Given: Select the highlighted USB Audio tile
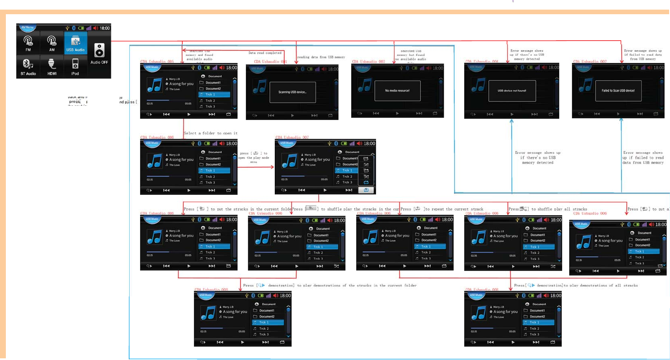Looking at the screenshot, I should [x=76, y=43].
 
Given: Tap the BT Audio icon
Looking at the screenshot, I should [x=28, y=66].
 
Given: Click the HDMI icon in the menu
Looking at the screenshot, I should [x=52, y=66].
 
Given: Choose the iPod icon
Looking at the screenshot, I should [x=75, y=66].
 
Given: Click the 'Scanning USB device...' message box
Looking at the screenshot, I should [x=292, y=92].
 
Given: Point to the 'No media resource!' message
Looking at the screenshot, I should [x=397, y=90].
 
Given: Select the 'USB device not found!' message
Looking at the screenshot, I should [x=512, y=91].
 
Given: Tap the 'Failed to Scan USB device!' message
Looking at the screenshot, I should [x=618, y=91].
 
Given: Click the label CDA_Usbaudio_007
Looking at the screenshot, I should [x=292, y=137].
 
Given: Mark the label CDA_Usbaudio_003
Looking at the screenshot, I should [x=368, y=61].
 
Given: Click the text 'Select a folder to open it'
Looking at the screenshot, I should [x=211, y=133].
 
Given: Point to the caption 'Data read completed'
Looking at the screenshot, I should [x=265, y=53].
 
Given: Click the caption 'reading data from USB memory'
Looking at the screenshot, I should [x=321, y=57].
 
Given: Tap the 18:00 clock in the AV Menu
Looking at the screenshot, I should [x=105, y=28].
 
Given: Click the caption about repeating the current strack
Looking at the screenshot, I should [x=442, y=209].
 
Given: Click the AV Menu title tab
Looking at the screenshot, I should [x=28, y=28].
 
